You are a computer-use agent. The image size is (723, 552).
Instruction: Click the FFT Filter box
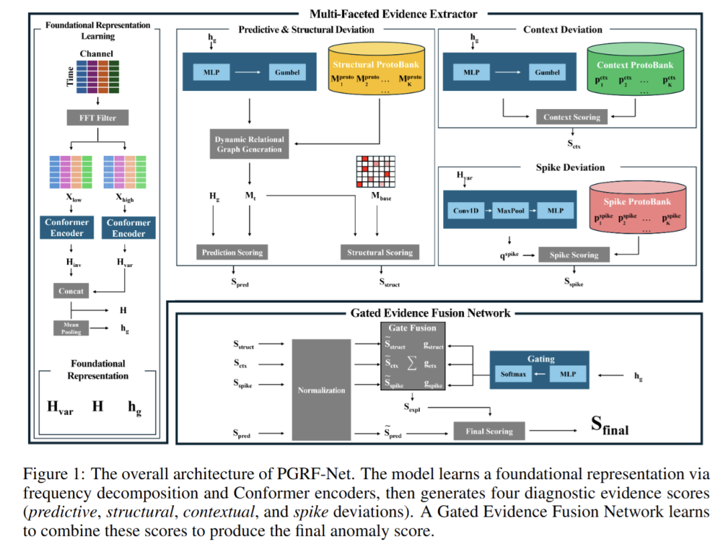pos(98,118)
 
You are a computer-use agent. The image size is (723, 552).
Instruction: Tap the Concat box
pos(70,291)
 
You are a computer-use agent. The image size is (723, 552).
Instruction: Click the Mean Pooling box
pos(70,327)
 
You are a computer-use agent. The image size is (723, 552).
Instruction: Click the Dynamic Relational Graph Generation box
pos(250,145)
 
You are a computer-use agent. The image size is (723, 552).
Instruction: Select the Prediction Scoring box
pos(232,252)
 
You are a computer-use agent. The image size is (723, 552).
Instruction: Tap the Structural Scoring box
pos(380,252)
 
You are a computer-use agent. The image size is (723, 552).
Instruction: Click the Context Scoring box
pos(572,117)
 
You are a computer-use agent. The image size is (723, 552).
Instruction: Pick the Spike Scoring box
pos(573,255)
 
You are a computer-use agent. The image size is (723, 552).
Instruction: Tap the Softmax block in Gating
pos(513,375)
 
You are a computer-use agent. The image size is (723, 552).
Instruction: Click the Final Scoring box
pos(489,431)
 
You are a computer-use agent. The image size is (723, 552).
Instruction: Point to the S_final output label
pos(609,426)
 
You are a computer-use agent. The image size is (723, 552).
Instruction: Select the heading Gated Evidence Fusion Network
pos(430,312)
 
